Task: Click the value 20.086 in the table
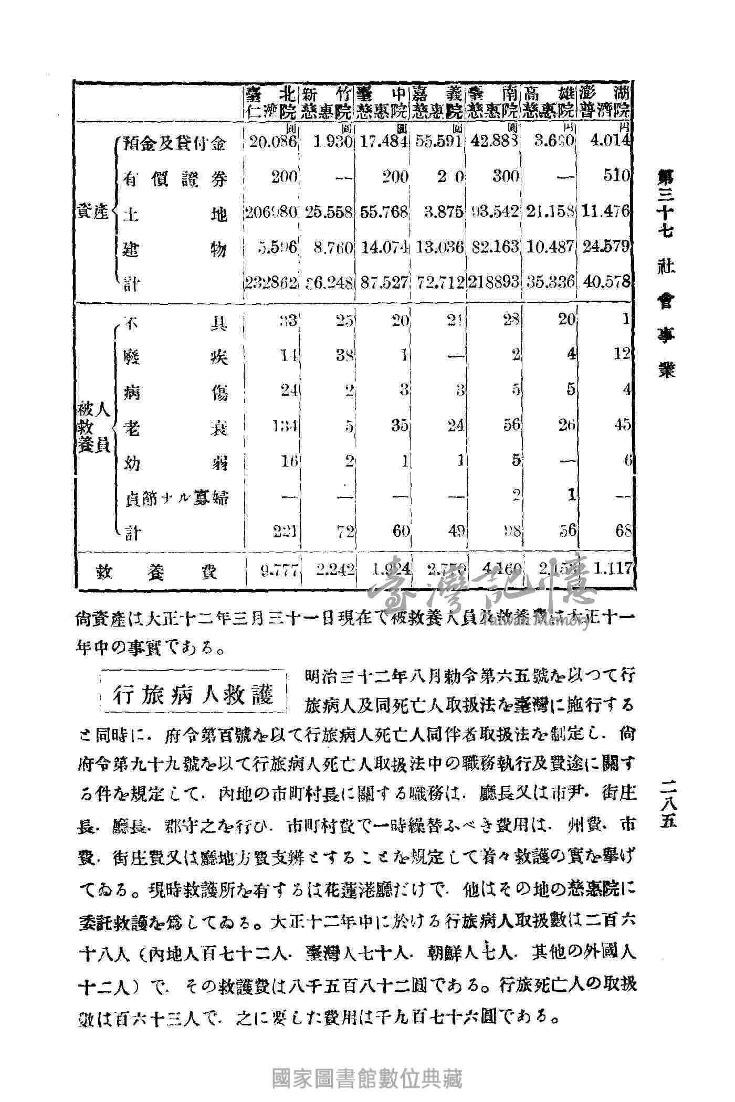tap(273, 142)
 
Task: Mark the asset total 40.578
tap(606, 282)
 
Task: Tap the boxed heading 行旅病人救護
tap(194, 695)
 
